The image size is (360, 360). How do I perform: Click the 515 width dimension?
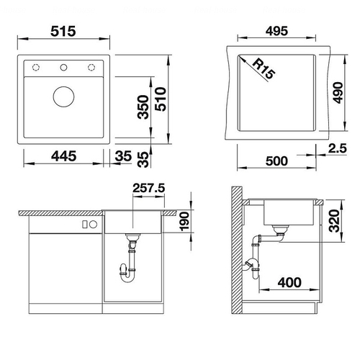[63, 31]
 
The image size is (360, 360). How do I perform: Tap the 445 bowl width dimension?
[64, 156]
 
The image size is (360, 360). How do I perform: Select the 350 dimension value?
[143, 107]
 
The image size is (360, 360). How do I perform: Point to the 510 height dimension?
[161, 99]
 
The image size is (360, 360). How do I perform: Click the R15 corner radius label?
[264, 68]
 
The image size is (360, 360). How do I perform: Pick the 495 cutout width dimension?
[276, 31]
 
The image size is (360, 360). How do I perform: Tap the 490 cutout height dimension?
[338, 93]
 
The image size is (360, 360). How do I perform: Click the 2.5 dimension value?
[338, 148]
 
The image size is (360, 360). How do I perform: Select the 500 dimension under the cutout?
[276, 161]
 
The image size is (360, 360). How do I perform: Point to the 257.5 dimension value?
[149, 188]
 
